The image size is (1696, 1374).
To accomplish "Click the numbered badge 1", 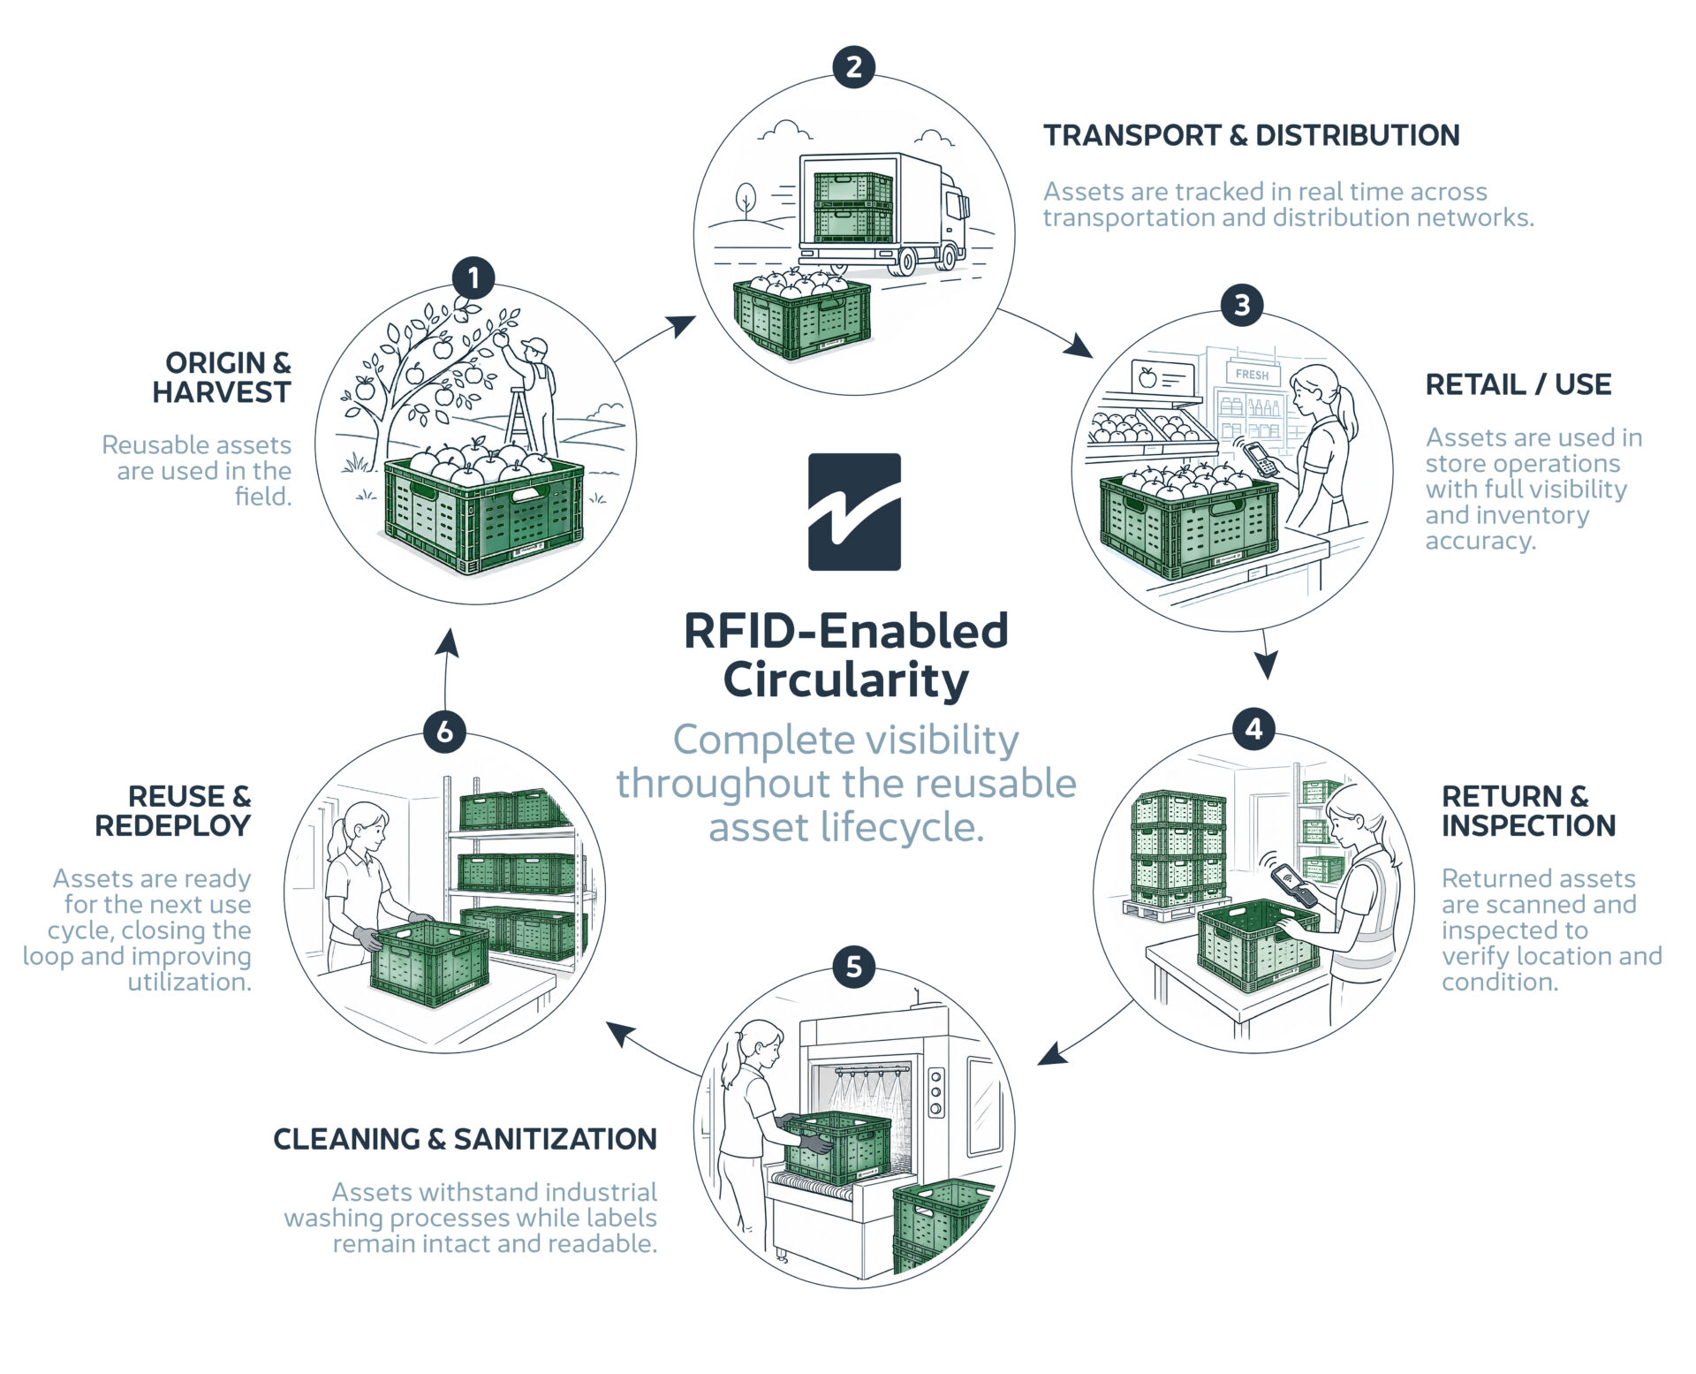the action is (473, 278).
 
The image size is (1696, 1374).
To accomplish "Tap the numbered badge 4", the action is (1253, 729).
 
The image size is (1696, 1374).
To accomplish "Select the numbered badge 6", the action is (445, 732).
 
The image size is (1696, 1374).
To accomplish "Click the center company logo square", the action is (854, 512).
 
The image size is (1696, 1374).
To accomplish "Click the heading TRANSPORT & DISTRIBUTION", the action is (1251, 135).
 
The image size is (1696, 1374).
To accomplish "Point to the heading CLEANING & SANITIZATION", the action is (465, 1139).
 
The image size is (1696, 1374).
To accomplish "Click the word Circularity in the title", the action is (846, 680).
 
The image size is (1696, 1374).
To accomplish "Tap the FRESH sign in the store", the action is (1252, 375).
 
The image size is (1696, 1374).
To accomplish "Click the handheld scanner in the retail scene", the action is (1260, 458).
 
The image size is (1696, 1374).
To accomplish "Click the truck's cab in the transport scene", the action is (950, 216).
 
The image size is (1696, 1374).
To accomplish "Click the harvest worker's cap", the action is (534, 345).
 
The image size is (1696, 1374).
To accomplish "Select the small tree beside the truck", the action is (746, 200).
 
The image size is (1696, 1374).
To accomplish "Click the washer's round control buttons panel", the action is (936, 1092).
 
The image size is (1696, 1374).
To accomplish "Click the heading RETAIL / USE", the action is (1518, 384).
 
